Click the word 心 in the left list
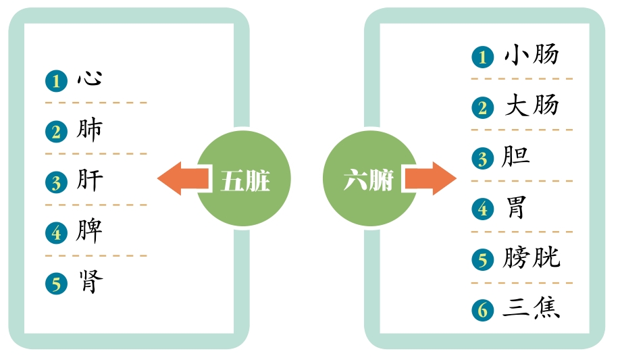pyautogui.click(x=90, y=79)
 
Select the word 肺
pyautogui.click(x=90, y=130)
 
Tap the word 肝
pyautogui.click(x=90, y=180)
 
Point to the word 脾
pyautogui.click(x=89, y=231)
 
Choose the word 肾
pyautogui.click(x=91, y=282)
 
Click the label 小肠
pyautogui.click(x=532, y=54)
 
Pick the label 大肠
pyautogui.click(x=532, y=105)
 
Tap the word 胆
pyautogui.click(x=515, y=156)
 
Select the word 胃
pyautogui.click(x=517, y=207)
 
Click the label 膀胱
pyautogui.click(x=532, y=258)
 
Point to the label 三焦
pyautogui.click(x=532, y=308)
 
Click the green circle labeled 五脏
pyautogui.click(x=244, y=178)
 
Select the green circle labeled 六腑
pyautogui.click(x=369, y=178)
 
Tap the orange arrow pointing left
pyautogui.click(x=182, y=178)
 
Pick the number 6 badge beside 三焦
pyautogui.click(x=483, y=310)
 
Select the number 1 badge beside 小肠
pyautogui.click(x=483, y=57)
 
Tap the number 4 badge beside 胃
pyautogui.click(x=483, y=209)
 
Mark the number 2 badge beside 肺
pyautogui.click(x=57, y=132)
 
